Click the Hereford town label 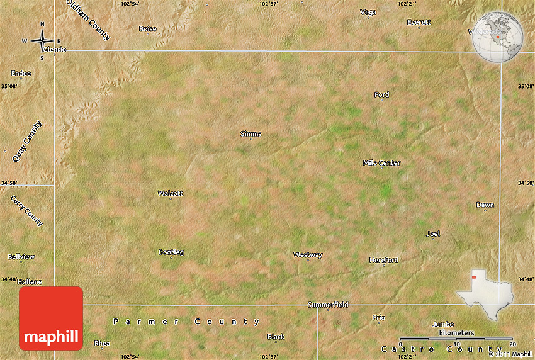383,260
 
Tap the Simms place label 251,133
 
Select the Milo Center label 381,163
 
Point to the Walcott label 170,193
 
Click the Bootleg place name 171,252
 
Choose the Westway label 308,255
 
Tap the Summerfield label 328,305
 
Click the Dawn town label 485,205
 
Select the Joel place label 433,233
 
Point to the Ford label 381,95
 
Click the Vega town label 368,12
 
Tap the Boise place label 147,28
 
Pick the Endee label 21,74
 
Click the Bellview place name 21,257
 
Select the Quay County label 27,141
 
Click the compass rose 42,42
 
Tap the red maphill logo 51,318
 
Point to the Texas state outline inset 485,292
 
